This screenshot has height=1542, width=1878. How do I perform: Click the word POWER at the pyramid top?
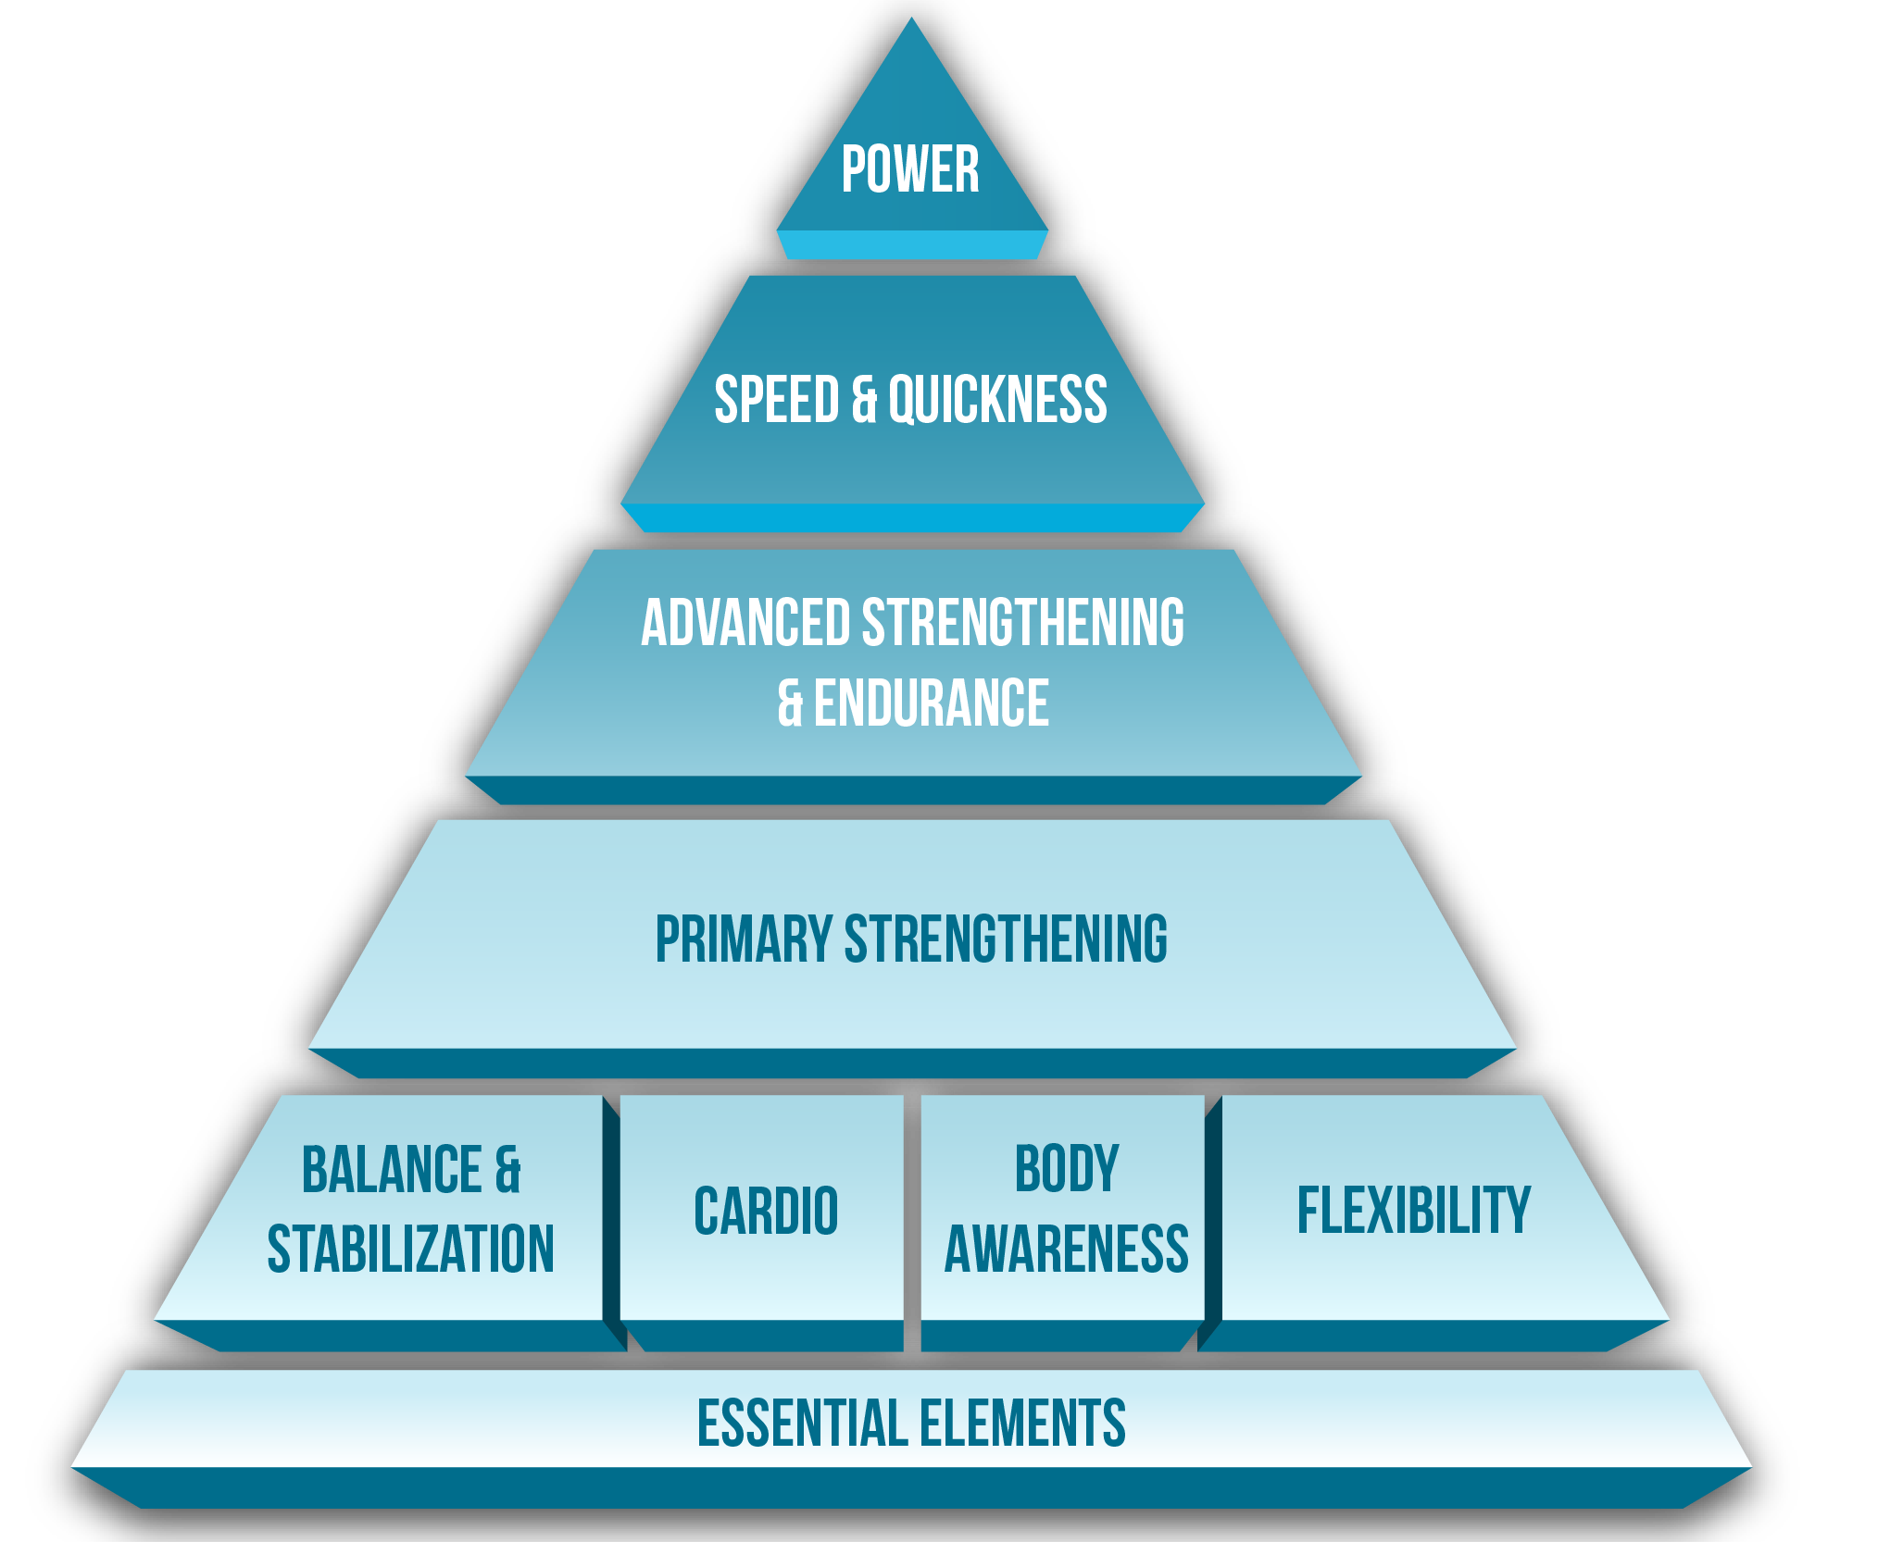click(910, 169)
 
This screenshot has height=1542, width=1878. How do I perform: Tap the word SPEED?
click(776, 400)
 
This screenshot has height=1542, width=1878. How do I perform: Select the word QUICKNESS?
click(997, 400)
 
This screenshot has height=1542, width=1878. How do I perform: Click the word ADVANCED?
click(745, 622)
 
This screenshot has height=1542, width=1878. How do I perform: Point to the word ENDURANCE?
click(931, 703)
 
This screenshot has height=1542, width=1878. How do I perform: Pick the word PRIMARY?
click(744, 939)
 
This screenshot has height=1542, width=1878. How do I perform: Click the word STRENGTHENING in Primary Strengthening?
click(1006, 939)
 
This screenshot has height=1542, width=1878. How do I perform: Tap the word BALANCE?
click(392, 1170)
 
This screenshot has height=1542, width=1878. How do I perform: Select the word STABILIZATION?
click(410, 1250)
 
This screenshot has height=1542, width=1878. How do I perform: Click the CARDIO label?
click(766, 1211)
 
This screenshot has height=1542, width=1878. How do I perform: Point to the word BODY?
click(1067, 1170)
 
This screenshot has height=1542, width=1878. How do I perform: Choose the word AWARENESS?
click(1067, 1250)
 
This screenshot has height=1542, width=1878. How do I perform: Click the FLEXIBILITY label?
click(1413, 1211)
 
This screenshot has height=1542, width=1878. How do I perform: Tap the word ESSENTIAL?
click(799, 1424)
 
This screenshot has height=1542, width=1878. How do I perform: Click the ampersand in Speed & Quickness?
click(863, 400)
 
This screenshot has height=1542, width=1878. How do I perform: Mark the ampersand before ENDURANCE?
click(790, 703)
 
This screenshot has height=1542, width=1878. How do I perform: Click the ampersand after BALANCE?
click(507, 1170)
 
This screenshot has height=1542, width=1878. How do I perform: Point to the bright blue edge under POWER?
click(912, 245)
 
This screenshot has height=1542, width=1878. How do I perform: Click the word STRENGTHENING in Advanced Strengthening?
click(1023, 622)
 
